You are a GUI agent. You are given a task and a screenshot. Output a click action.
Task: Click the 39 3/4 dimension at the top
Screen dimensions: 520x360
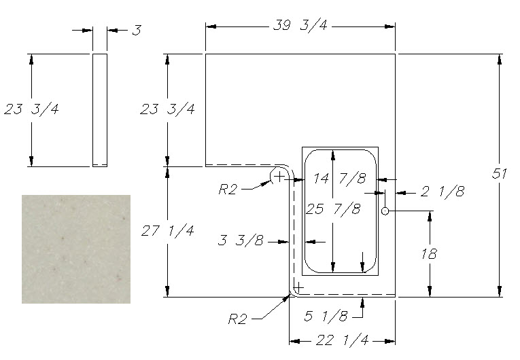300,26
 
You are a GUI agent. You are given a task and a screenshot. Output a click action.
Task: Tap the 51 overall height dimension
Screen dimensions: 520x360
499,174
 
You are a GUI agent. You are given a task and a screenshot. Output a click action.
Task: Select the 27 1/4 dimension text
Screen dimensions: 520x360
167,230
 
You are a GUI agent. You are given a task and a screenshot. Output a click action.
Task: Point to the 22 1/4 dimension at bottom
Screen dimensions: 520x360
342,340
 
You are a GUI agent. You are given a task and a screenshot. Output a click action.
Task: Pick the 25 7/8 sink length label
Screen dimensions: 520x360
333,209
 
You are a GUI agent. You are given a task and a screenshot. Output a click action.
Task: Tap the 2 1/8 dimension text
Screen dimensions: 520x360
443,192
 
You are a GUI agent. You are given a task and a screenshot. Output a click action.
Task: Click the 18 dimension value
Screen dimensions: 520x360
429,254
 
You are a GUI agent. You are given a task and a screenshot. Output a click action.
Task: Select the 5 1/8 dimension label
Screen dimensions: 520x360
326,316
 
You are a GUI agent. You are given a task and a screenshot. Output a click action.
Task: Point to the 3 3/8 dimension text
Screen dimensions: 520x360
241,240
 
